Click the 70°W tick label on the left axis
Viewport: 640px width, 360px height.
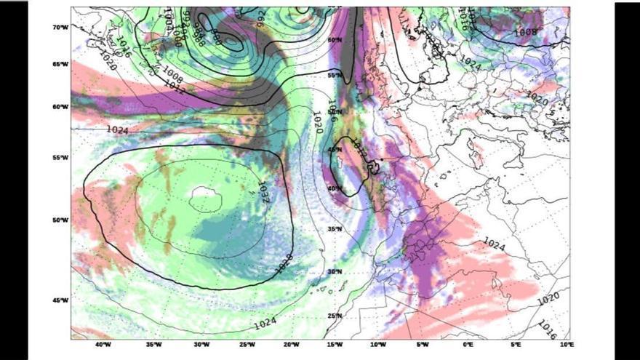tap(60, 27)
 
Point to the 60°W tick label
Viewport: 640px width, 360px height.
tap(60, 107)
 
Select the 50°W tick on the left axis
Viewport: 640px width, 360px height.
tap(60, 220)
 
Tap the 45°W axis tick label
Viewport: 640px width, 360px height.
tap(60, 300)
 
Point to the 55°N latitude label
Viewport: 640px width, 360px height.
tap(335, 75)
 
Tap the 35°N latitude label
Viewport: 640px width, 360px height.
tap(334, 229)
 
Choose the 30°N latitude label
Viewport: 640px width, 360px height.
tap(334, 271)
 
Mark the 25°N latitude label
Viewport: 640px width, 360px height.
tap(334, 316)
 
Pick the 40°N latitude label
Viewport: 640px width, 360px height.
tap(334, 188)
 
